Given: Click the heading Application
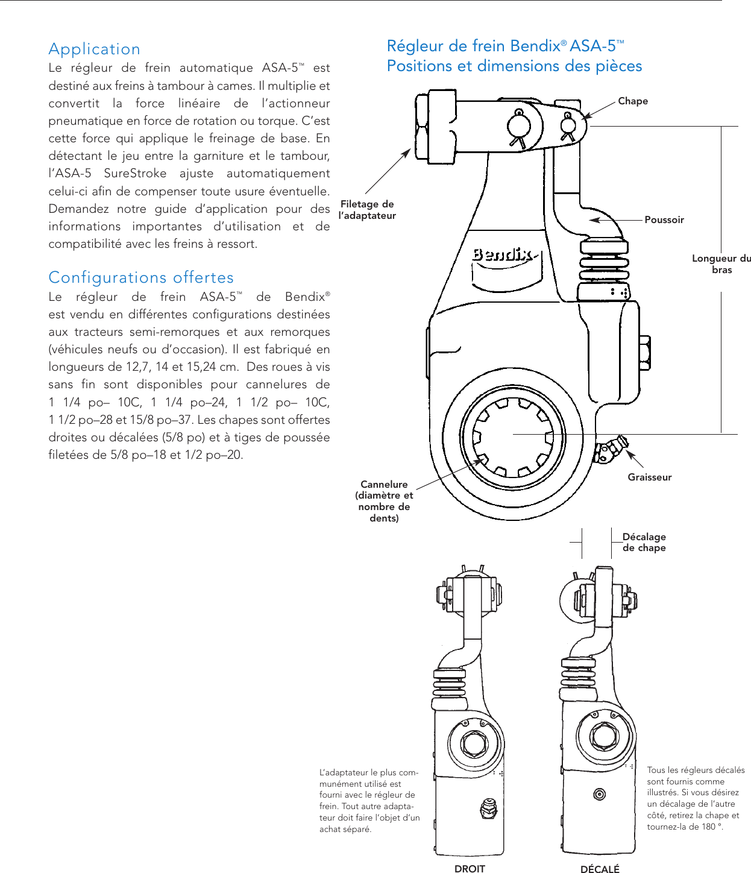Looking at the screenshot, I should pos(94,49).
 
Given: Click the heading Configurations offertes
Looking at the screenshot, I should pos(141,277).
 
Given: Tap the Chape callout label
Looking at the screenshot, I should pos(633,101).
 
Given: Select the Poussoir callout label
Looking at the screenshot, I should pos(664,220).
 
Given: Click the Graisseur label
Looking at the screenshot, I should pos(649,477).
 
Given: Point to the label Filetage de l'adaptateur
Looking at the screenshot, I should pos(367,210).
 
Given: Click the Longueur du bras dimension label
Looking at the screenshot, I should pos(721,264).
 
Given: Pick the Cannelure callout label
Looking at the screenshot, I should pos(384,500).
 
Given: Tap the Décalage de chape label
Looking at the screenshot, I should pos(644,542).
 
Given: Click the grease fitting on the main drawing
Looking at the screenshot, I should pos(611,449).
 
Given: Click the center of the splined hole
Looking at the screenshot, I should pos(513,435).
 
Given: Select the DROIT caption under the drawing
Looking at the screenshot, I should pos(470,868).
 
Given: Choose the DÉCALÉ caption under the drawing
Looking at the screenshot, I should pos(600,868).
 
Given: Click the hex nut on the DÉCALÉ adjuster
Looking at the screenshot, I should pos(603,736).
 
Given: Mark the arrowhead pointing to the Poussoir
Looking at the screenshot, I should pos(594,220).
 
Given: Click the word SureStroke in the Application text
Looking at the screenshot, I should pos(135,174).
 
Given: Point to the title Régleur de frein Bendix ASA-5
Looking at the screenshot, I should pos(505,46).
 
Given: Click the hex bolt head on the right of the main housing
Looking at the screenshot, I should pos(644,353).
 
